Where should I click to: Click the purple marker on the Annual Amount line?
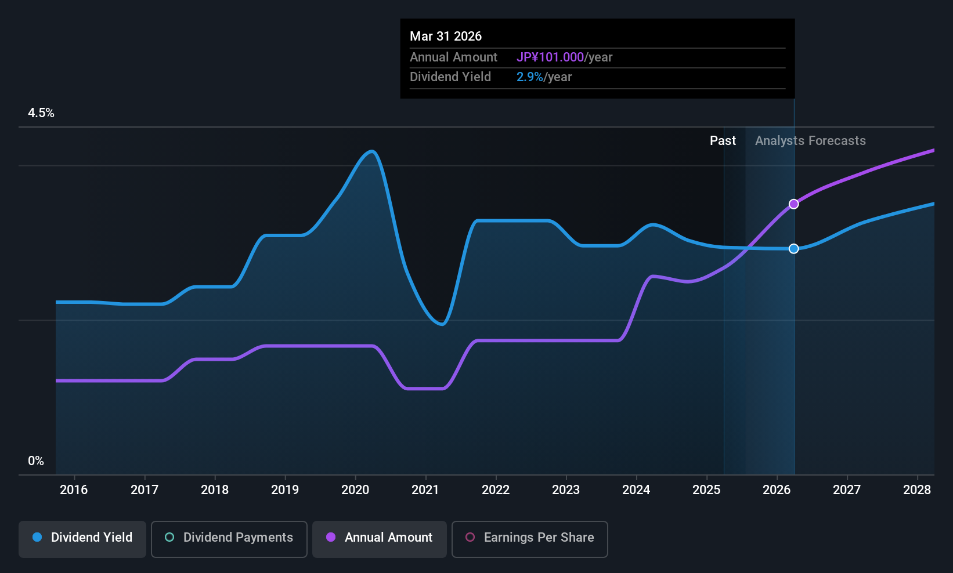click(x=793, y=204)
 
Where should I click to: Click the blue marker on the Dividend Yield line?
click(x=793, y=249)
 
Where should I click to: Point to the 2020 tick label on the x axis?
click(x=355, y=490)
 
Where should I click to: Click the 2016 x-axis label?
click(x=74, y=490)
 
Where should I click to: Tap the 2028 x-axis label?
click(x=917, y=490)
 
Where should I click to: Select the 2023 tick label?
click(x=566, y=490)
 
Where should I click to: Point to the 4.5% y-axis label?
click(x=41, y=113)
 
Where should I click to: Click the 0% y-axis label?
click(x=36, y=461)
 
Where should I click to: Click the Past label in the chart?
click(x=723, y=141)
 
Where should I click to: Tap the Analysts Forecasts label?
click(x=810, y=141)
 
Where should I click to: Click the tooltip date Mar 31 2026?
click(x=446, y=36)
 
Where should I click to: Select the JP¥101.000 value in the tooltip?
click(x=550, y=57)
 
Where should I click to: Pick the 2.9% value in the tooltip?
click(x=530, y=77)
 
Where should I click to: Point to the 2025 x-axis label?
click(x=706, y=490)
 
